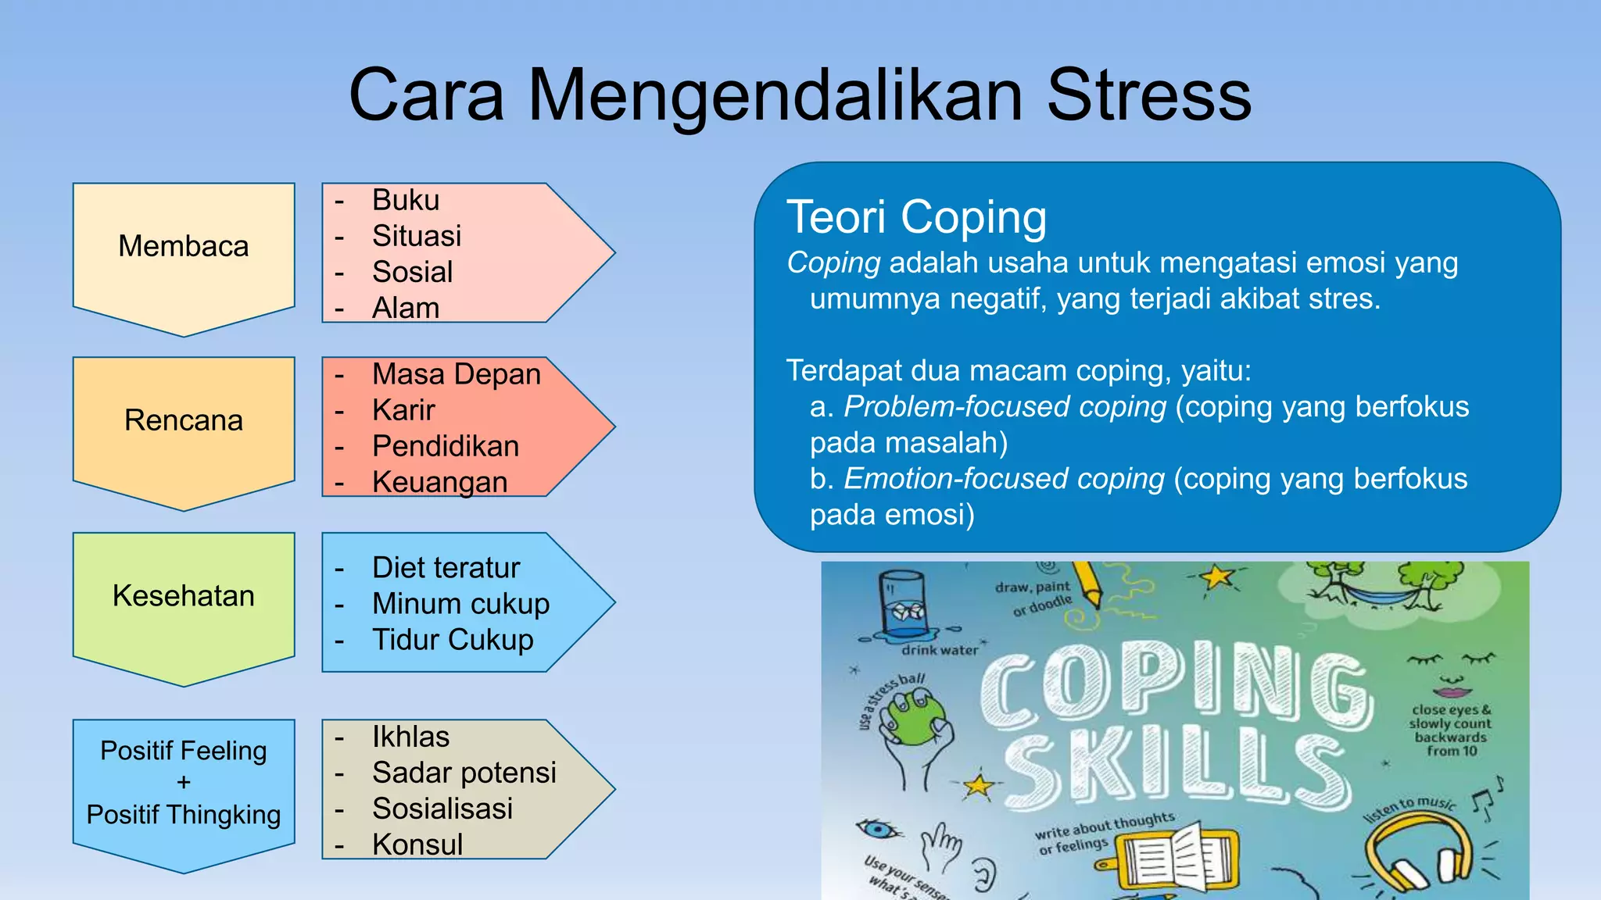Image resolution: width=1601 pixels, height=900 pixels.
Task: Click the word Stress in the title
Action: click(1148, 95)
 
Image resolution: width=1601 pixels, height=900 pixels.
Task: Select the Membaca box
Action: click(184, 247)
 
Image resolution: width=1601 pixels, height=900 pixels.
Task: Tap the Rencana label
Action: click(184, 421)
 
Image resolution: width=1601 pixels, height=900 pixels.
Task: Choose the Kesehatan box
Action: click(184, 596)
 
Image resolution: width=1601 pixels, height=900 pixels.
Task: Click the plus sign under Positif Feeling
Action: click(184, 782)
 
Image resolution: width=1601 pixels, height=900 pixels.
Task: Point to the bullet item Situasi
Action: click(417, 236)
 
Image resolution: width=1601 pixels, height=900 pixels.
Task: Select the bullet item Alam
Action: click(406, 308)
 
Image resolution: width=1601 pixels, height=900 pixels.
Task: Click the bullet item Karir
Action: click(403, 410)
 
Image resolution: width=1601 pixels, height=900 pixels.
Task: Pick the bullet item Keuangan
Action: click(439, 482)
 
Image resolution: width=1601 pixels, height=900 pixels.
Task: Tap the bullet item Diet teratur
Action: click(446, 568)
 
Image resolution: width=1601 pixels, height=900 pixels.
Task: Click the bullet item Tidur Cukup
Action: click(453, 640)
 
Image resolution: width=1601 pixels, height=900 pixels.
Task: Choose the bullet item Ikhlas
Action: click(410, 737)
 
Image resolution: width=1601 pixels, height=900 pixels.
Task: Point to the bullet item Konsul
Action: click(417, 845)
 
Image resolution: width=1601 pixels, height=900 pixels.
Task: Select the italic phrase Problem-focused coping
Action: click(1005, 407)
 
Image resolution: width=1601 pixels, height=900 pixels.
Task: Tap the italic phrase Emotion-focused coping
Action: click(1004, 479)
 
